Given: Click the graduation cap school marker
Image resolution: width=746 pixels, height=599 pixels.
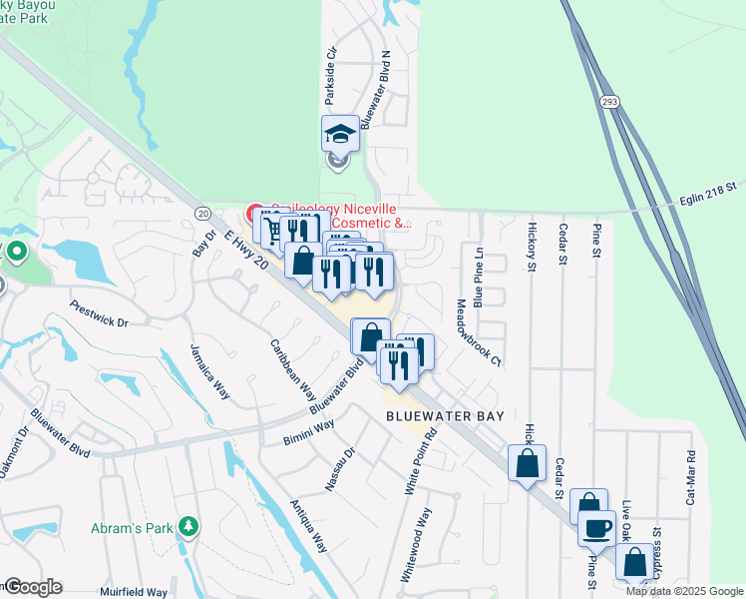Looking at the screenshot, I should point(339,134).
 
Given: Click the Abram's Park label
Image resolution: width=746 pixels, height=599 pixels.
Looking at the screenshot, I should point(135,526).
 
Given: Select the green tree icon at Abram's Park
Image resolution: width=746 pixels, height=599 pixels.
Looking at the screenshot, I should point(186,526).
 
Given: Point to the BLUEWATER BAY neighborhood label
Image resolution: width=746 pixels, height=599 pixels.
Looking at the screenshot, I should point(445,415).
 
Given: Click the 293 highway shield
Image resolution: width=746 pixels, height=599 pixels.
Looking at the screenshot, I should point(610,102).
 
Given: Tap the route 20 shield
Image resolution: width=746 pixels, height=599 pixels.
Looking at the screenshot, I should point(201,213).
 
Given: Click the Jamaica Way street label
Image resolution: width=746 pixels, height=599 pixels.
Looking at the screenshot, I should point(210,372).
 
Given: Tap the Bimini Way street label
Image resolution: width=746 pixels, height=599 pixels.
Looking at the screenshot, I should point(308,430).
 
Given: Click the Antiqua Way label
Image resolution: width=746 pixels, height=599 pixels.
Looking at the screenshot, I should point(309,525).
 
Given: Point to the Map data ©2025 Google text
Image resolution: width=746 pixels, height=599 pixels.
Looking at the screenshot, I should point(684,591).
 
